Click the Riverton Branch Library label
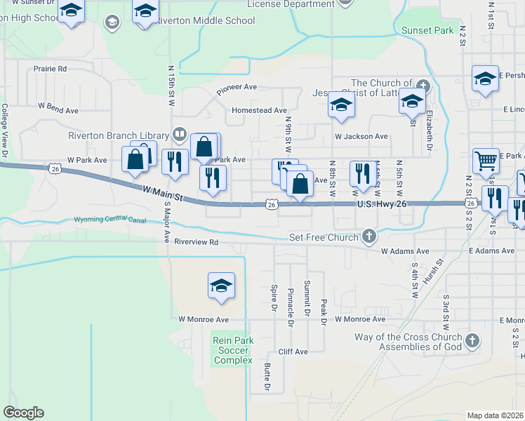119,135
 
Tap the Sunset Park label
427,30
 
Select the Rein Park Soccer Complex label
233,350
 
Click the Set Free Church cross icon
368,236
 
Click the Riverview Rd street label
197,242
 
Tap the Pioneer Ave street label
237,88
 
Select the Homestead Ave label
260,110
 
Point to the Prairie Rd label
50,69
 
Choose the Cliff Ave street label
293,352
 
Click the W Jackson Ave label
361,136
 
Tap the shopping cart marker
486,161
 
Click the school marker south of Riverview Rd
221,286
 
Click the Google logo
23,413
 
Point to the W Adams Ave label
404,250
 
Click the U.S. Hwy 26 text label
382,204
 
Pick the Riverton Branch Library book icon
179,135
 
